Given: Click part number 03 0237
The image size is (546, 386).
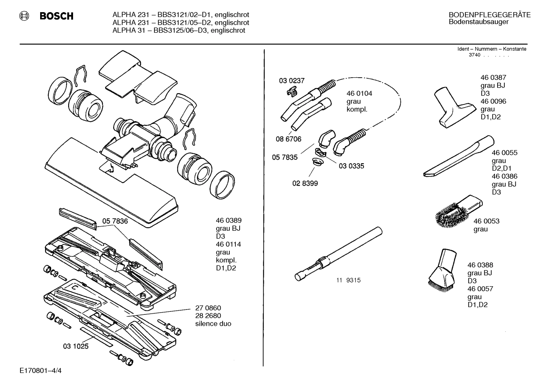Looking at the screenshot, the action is (292, 81).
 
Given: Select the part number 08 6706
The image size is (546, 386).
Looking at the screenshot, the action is (288, 139).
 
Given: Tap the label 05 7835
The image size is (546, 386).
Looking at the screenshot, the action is (284, 157).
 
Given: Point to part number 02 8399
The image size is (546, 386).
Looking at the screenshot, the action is (305, 183).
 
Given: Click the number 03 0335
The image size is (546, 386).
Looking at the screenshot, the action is (351, 166).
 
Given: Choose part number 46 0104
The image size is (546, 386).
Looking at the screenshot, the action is (359, 94).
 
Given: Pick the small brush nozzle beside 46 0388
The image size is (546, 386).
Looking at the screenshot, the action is (443, 269).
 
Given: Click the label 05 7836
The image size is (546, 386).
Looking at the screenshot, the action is (115, 221).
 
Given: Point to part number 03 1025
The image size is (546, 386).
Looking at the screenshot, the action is (75, 346).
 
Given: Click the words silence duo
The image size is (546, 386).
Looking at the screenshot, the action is (213, 324).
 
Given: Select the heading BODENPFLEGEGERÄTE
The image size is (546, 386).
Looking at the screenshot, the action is (489, 15).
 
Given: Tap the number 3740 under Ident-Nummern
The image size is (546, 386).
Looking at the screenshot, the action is (474, 55).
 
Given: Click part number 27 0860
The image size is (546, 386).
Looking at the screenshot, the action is (208, 308).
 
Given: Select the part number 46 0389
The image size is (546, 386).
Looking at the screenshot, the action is (228, 220).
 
